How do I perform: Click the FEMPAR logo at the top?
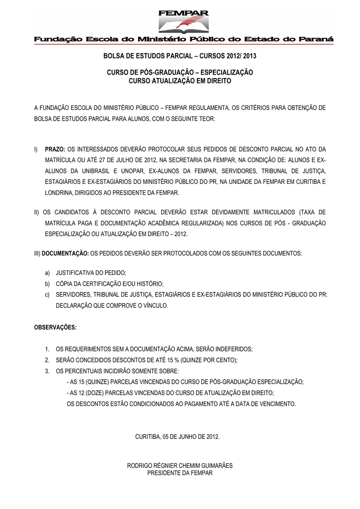pos(183,21)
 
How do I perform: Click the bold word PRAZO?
pos(55,149)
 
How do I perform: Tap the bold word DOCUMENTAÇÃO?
pos(65,253)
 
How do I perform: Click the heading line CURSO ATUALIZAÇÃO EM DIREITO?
pos(180,81)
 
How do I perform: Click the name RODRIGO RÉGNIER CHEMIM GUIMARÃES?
pos(180,466)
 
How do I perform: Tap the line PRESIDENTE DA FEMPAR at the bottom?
pos(180,473)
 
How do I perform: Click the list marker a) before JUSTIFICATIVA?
pos(47,273)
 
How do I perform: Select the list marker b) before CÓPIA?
pos(47,284)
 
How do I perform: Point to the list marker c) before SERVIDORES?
pos(47,295)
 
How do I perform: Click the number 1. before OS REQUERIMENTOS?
pos(47,349)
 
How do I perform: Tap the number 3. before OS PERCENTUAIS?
pos(47,371)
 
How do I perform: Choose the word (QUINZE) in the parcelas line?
pos(97,382)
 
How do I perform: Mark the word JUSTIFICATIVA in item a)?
pos(76,273)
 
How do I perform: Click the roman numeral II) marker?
pos(37,212)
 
